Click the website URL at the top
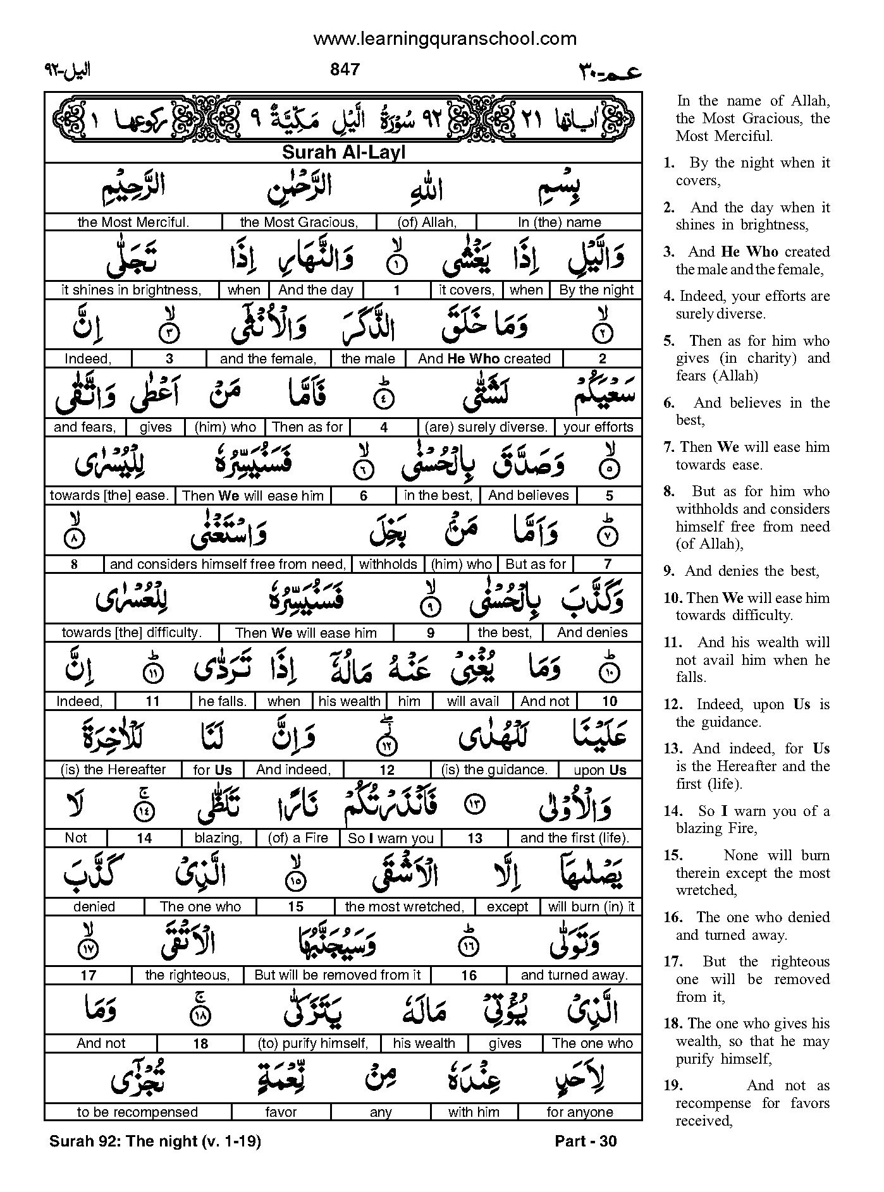coord(445,39)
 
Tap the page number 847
coord(345,70)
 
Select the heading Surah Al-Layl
coord(343,152)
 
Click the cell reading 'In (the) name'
coord(559,222)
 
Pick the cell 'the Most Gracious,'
coord(299,222)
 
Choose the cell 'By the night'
coord(596,290)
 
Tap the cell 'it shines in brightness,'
coord(132,290)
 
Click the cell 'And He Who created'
coord(484,359)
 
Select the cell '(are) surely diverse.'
coord(486,427)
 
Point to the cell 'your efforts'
coord(598,427)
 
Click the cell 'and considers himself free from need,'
coord(228,564)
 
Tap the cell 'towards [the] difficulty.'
coord(132,633)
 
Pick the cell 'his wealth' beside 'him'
coord(349,702)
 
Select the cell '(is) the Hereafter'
coord(113,770)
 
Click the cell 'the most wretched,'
coord(404,907)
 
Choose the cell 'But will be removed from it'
coord(337,975)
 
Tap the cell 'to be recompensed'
coord(137,1112)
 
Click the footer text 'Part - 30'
coord(585,1141)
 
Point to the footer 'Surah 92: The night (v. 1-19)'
coord(155,1141)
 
